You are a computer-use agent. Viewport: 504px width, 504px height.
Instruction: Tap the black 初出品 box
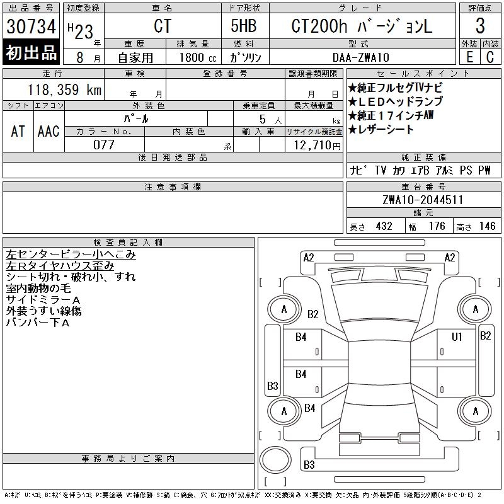tap(31, 53)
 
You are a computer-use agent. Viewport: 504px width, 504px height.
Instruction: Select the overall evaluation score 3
tap(480, 27)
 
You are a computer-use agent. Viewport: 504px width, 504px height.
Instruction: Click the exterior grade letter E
tap(469, 57)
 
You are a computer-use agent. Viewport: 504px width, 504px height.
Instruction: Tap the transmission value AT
tap(18, 131)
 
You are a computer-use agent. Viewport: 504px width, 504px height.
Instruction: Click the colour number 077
tap(104, 145)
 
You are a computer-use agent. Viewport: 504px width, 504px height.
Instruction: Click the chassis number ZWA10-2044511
tap(423, 200)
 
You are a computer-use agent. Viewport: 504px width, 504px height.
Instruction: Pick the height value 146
tap(486, 226)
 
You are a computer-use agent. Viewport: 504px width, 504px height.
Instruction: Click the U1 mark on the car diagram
tap(457, 336)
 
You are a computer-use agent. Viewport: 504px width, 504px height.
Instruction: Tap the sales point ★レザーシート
tap(381, 130)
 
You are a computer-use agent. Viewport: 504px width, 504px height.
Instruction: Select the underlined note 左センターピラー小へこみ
tap(71, 255)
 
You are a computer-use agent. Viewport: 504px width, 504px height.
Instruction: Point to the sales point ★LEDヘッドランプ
tap(395, 101)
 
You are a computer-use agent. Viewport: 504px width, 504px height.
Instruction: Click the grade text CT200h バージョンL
tap(362, 27)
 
